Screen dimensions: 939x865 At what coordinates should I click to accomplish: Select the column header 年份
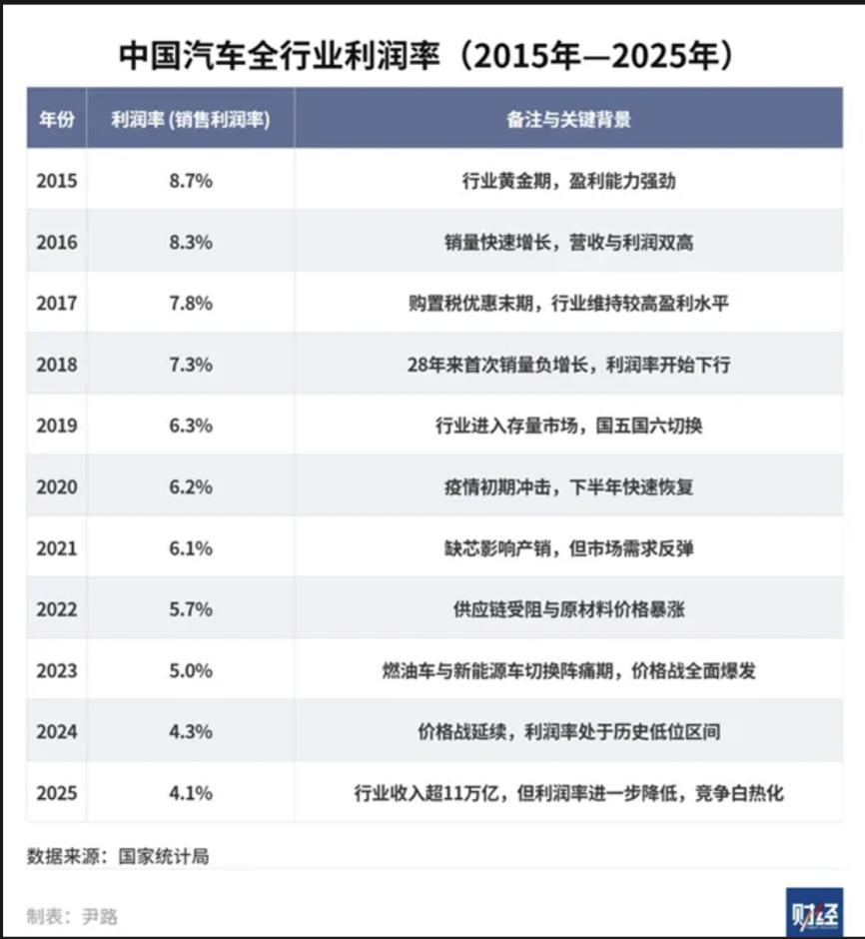(56, 119)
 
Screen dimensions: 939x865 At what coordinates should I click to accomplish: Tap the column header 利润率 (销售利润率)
(190, 119)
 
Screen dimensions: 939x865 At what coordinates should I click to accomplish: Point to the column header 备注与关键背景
(568, 119)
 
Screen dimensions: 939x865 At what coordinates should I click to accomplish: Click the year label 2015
(56, 181)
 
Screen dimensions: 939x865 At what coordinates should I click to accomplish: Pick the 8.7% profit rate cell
(190, 181)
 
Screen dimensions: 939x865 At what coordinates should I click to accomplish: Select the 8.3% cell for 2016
(190, 242)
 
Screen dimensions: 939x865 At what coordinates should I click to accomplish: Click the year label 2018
(56, 365)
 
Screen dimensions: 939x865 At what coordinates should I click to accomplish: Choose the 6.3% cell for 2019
(190, 426)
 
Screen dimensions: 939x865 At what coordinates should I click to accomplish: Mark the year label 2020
(56, 487)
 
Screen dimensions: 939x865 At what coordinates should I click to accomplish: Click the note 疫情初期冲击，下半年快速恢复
(568, 487)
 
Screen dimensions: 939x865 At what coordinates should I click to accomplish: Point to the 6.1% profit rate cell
(190, 548)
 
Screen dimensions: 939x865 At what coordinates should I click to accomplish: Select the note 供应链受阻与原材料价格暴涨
(568, 609)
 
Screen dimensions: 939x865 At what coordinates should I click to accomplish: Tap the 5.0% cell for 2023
(190, 670)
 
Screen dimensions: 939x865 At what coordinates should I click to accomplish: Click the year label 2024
(56, 732)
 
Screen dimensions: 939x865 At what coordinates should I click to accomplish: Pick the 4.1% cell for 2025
(190, 793)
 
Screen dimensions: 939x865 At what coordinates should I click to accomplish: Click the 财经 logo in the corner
(814, 912)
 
